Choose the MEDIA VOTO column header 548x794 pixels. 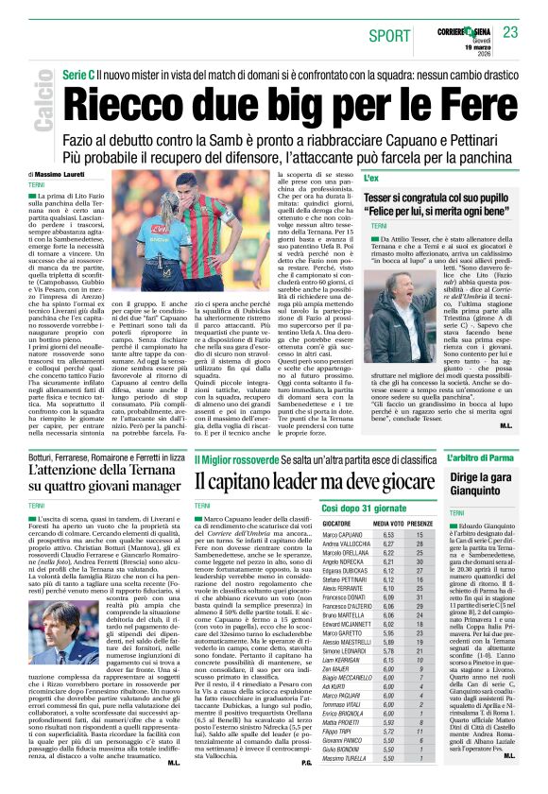coord(388,523)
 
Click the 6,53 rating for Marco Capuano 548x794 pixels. coord(384,535)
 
